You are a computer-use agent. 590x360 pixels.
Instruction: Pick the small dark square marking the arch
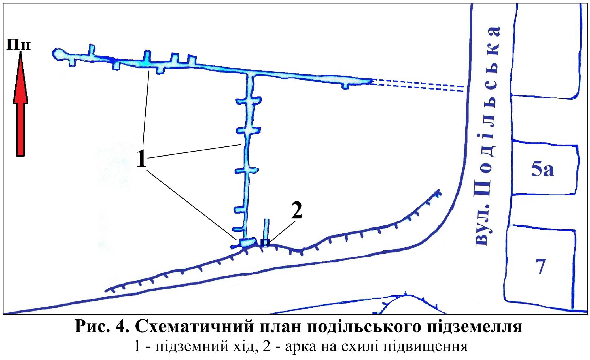pyautogui.click(x=265, y=243)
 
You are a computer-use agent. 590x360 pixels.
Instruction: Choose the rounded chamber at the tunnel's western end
pyautogui.click(x=59, y=54)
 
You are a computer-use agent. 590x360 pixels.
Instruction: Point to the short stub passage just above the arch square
pyautogui.click(x=266, y=229)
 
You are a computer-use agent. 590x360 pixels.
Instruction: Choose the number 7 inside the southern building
pyautogui.click(x=540, y=266)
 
